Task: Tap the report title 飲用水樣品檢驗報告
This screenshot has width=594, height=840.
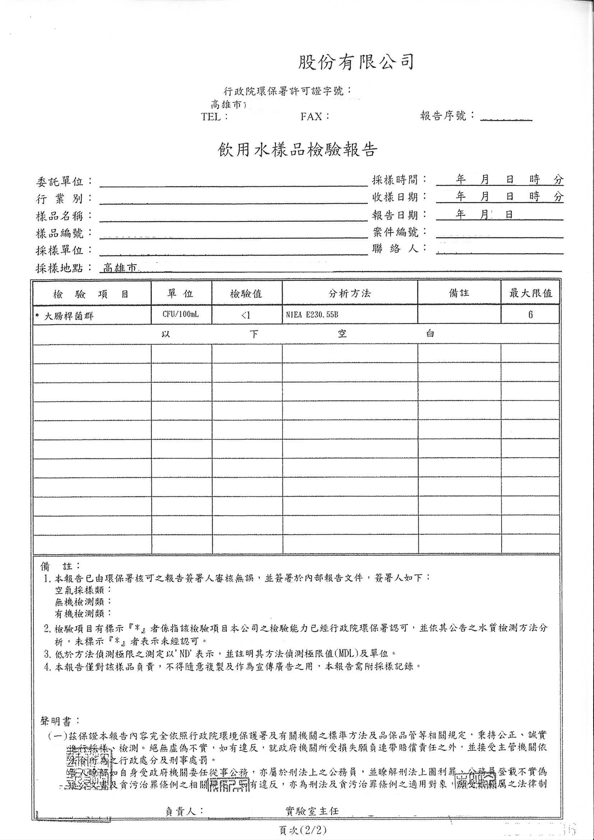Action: [297, 151]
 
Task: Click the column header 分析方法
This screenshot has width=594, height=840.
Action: [350, 294]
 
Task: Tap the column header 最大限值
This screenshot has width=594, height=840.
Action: [530, 293]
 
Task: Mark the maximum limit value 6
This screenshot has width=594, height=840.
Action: [530, 315]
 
